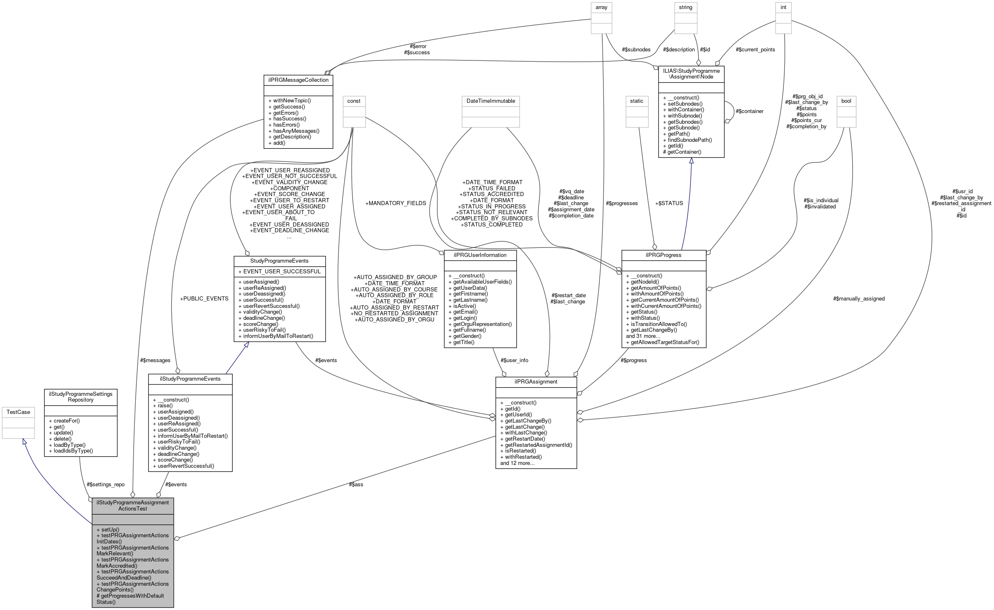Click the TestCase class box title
point(18,412)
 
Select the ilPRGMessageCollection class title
point(298,80)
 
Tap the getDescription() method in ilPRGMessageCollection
point(292,137)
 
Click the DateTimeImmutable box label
point(490,101)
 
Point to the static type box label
point(636,101)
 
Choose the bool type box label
point(846,101)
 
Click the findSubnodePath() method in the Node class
point(687,140)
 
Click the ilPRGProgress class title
point(663,255)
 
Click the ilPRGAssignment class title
point(536,381)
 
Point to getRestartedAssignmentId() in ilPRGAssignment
point(538,445)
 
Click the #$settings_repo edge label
point(106,484)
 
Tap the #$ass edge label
point(356,484)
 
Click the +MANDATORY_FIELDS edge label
point(395,203)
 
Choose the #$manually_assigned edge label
point(859,298)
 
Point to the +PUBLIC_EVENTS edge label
point(204,298)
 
